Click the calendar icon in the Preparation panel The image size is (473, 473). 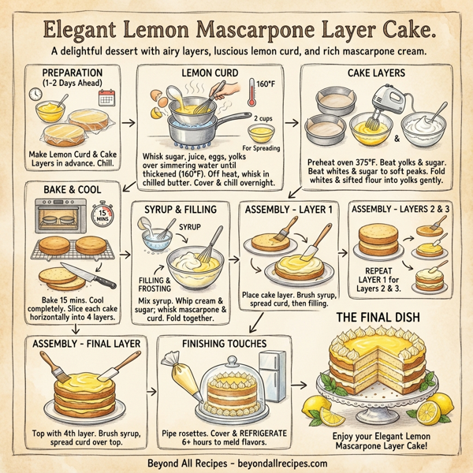coord(106,97)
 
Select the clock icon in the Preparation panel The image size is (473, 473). coord(36,94)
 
